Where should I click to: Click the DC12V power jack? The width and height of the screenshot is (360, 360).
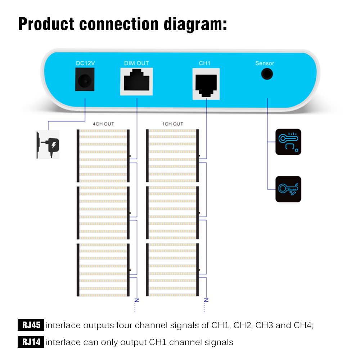[x=85, y=79]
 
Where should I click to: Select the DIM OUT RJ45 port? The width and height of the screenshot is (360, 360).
[x=136, y=81]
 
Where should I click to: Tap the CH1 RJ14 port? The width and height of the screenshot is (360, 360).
[x=206, y=84]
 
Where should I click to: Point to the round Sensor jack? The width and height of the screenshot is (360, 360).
[x=267, y=74]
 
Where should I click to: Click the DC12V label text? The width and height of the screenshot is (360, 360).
[x=85, y=63]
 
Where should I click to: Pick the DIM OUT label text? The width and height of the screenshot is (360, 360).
[x=136, y=63]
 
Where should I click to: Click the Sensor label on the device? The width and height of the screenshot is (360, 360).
[x=265, y=63]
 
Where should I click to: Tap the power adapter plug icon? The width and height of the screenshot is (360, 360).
[x=48, y=145]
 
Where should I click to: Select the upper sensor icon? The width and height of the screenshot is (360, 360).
[x=288, y=142]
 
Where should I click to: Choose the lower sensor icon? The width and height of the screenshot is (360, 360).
[x=288, y=189]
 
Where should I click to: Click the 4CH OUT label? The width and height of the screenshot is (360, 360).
[x=103, y=124]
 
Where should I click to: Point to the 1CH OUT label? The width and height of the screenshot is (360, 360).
[x=173, y=124]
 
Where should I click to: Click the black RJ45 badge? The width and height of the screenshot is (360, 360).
[x=31, y=325]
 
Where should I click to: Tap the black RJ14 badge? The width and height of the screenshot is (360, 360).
[x=31, y=342]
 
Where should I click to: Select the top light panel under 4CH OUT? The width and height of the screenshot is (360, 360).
[x=103, y=156]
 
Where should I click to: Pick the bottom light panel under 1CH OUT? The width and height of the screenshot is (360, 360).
[x=172, y=270]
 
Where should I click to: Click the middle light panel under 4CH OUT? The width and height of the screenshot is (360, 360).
[x=103, y=213]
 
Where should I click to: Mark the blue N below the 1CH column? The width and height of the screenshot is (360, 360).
[x=206, y=300]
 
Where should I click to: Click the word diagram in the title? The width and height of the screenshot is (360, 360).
[x=195, y=24]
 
